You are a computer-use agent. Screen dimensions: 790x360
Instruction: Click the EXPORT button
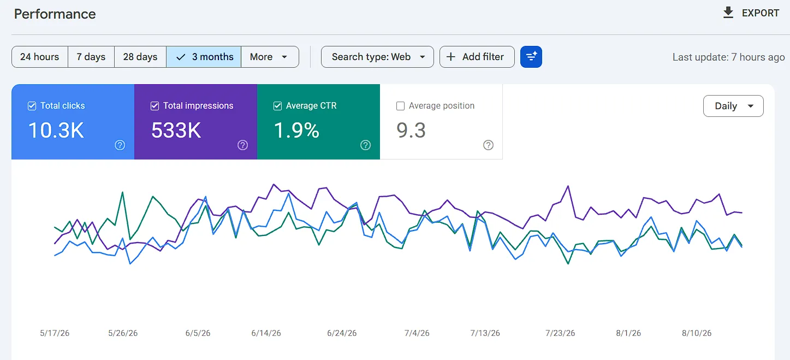(x=750, y=13)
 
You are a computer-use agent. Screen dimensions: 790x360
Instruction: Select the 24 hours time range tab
(x=39, y=57)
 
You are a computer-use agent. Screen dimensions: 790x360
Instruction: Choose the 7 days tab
(x=91, y=57)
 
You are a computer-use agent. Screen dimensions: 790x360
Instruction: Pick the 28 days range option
(x=140, y=57)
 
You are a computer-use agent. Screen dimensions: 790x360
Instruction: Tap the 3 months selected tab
(x=204, y=57)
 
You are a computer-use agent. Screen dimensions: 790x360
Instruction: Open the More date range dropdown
(x=270, y=57)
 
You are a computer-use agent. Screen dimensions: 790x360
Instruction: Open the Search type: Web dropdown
(x=377, y=57)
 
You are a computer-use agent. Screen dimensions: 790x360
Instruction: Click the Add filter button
(x=477, y=57)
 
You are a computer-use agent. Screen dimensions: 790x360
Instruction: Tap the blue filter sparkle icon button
(x=531, y=57)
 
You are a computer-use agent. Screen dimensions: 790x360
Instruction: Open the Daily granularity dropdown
(x=733, y=106)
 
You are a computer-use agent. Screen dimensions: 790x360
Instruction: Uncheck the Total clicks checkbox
(x=32, y=106)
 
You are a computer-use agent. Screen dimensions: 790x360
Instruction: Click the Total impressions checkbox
(x=155, y=106)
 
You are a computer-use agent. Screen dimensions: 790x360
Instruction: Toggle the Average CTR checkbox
(x=277, y=106)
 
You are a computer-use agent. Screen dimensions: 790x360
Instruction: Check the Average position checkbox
(x=400, y=106)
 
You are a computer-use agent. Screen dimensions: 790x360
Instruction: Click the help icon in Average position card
(x=488, y=145)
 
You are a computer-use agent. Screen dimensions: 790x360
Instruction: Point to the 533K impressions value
(x=176, y=130)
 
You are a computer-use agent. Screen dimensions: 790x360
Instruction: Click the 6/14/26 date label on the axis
(x=266, y=333)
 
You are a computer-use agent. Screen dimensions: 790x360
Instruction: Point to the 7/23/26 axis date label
(x=560, y=333)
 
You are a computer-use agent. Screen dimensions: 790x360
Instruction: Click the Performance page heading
(x=55, y=14)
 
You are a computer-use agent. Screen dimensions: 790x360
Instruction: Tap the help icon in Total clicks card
(x=120, y=145)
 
